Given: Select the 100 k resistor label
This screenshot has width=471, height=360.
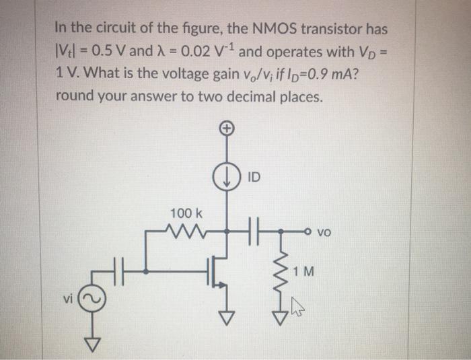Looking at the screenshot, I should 182,213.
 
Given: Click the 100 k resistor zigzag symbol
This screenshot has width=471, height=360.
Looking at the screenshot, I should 182,233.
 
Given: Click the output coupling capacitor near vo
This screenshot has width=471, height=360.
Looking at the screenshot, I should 257,232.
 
